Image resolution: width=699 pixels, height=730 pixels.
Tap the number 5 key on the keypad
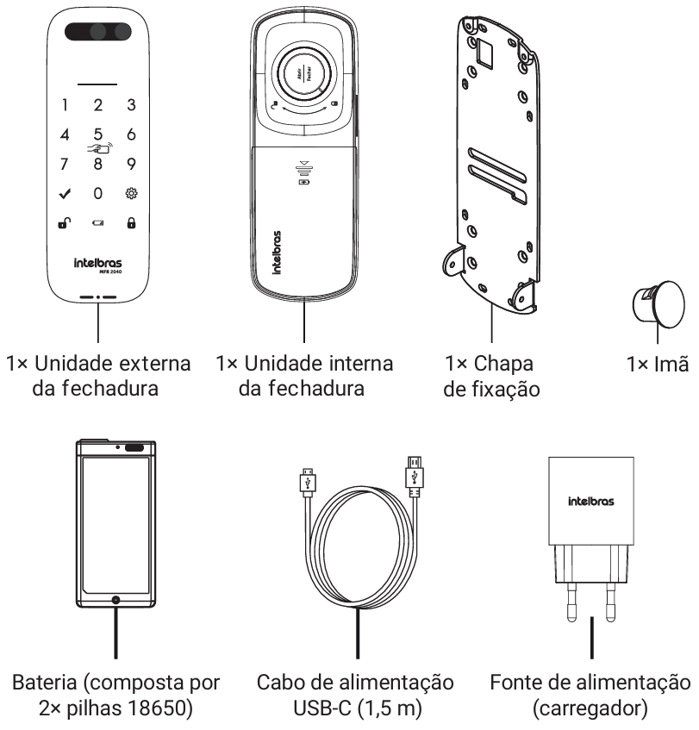point(97,134)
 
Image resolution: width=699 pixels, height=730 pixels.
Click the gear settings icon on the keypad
point(131,193)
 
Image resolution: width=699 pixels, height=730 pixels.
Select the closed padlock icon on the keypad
point(131,223)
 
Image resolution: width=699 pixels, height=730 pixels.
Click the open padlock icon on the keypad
point(65,223)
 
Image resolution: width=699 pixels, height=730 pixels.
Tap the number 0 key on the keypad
point(97,193)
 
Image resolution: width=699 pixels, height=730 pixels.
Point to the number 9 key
point(131,164)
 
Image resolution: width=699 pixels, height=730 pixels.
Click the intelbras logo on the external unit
point(97,263)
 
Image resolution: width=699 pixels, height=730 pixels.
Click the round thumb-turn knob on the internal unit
point(304,73)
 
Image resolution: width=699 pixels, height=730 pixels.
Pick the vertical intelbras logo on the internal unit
point(277,252)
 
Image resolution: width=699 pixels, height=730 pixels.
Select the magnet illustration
point(658,304)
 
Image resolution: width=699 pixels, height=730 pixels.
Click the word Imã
point(671,364)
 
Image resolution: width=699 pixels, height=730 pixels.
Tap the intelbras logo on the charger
point(591,501)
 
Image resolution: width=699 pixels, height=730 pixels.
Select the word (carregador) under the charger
point(590,708)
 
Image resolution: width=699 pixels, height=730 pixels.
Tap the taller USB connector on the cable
point(414,476)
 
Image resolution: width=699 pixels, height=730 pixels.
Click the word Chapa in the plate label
point(503,364)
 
